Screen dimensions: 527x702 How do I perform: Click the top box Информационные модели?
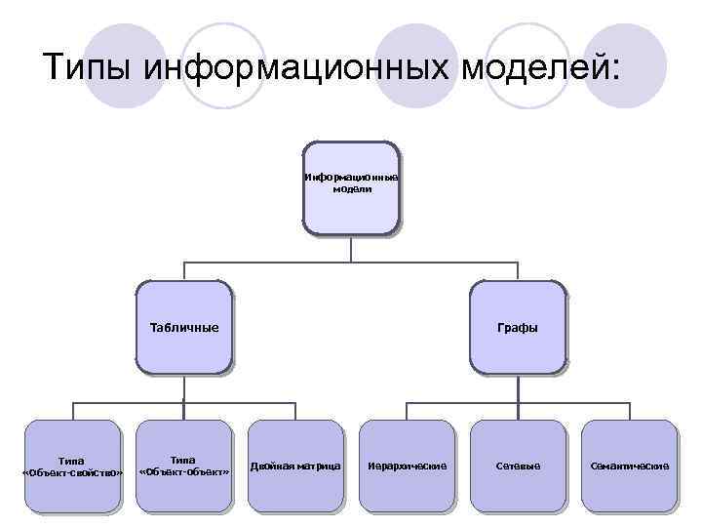click(x=351, y=187)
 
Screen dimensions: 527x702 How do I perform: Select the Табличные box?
click(x=184, y=328)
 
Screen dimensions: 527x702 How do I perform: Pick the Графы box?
click(x=518, y=328)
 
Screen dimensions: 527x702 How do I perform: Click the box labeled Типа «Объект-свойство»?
click(x=72, y=466)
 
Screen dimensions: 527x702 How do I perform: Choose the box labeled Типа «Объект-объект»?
click(x=184, y=466)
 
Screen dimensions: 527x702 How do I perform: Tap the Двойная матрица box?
click(x=295, y=466)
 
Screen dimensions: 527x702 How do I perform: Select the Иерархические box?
click(x=407, y=466)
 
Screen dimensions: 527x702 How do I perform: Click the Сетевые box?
click(x=518, y=466)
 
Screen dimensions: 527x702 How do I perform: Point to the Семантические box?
click(x=629, y=466)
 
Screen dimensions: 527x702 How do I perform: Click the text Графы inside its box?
click(x=518, y=328)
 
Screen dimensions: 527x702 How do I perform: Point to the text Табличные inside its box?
click(x=184, y=328)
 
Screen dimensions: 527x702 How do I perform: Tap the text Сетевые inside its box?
click(x=518, y=466)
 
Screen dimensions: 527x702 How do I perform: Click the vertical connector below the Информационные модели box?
click(x=351, y=249)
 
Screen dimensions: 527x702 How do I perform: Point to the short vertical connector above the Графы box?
click(x=518, y=271)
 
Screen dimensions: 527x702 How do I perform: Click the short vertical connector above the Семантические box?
click(x=629, y=410)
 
